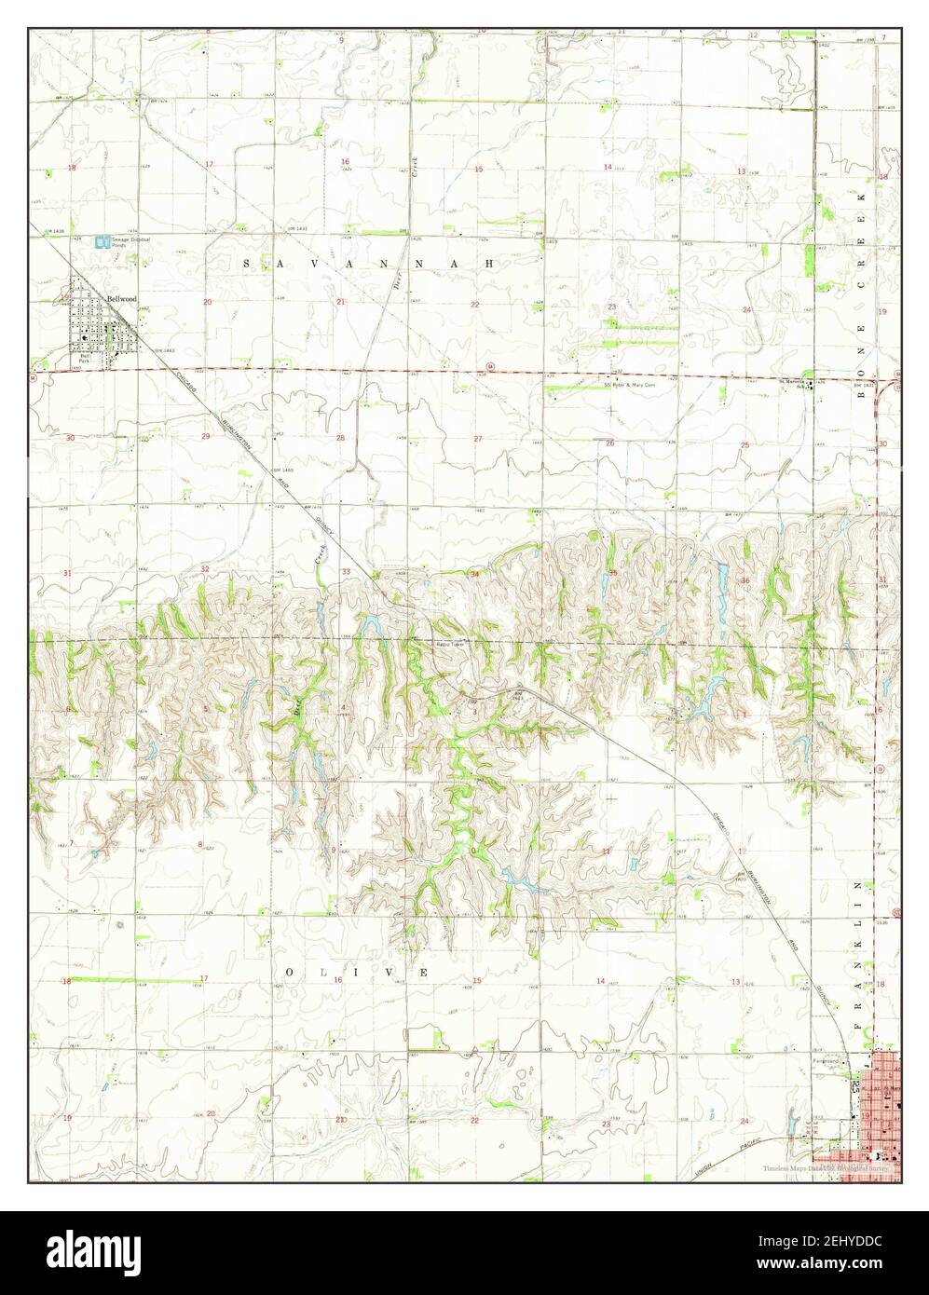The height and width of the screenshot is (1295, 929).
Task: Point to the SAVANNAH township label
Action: coord(367,265)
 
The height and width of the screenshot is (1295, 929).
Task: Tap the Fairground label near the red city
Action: coord(827,1060)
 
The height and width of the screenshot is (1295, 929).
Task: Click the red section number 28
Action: coord(340,438)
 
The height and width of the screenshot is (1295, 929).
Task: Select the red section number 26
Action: coord(610,443)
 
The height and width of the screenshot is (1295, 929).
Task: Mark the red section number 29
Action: coord(205,436)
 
